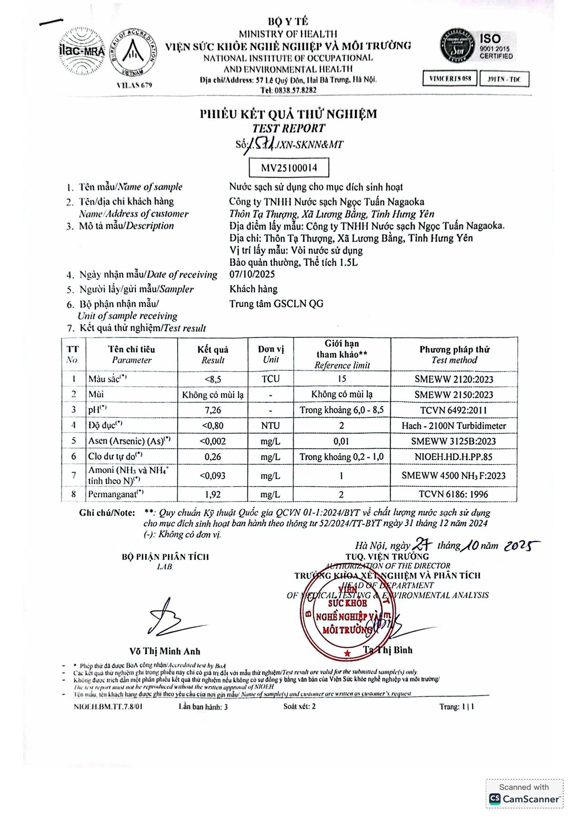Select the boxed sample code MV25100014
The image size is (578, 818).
(x=289, y=168)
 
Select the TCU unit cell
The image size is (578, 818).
(x=271, y=379)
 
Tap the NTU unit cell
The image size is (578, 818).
(x=271, y=426)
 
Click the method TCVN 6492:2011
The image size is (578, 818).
(x=453, y=410)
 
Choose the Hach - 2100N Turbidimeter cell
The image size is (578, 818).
(x=454, y=426)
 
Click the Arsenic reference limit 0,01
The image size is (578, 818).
(x=341, y=441)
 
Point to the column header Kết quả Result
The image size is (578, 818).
(x=213, y=354)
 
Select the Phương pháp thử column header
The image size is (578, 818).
(x=454, y=354)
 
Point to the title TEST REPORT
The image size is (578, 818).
(x=289, y=128)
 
